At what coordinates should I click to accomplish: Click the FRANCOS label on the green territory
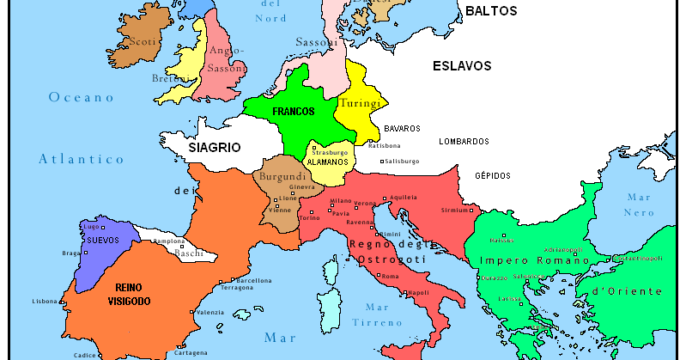point(293,112)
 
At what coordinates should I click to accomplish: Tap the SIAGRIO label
point(214,147)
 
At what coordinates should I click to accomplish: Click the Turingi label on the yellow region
point(359,103)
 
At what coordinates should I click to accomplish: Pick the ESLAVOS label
point(461,65)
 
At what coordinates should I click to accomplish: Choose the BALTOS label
point(491,11)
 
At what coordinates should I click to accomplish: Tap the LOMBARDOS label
point(464,141)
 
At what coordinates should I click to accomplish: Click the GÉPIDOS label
point(493,175)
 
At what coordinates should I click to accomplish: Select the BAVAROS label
point(402,128)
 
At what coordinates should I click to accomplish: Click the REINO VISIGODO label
point(130,295)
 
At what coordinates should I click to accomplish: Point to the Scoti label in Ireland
point(141,40)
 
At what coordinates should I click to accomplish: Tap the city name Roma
point(390,276)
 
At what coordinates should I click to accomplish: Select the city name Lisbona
point(44,302)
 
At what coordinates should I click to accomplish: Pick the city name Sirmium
point(454,210)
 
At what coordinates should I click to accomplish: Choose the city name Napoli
point(418,292)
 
